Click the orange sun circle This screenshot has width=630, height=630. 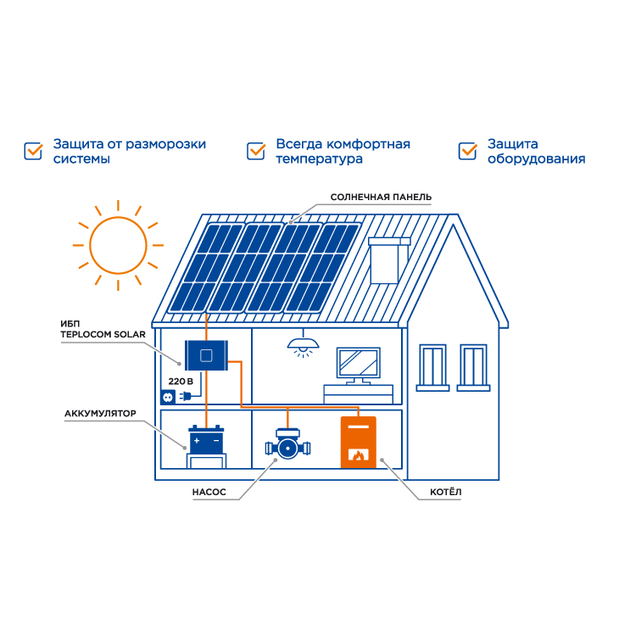118,217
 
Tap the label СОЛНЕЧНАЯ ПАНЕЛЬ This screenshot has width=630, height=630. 381,198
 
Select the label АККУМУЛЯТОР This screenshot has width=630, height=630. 100,414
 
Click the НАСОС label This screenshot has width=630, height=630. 209,492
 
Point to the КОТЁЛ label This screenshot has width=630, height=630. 446,492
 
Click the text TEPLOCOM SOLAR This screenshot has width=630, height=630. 103,334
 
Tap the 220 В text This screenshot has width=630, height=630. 181,382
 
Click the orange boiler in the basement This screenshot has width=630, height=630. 359,442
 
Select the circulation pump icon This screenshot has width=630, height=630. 287,444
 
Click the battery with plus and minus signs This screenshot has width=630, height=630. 206,439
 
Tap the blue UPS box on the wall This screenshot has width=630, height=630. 206,355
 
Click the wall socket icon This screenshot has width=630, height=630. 168,398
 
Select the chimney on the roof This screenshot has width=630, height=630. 389,260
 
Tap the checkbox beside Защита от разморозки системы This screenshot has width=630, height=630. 33,151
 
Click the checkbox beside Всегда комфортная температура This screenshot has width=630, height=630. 256,151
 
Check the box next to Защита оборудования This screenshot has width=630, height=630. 468,151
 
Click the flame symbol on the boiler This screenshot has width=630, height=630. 358,455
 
